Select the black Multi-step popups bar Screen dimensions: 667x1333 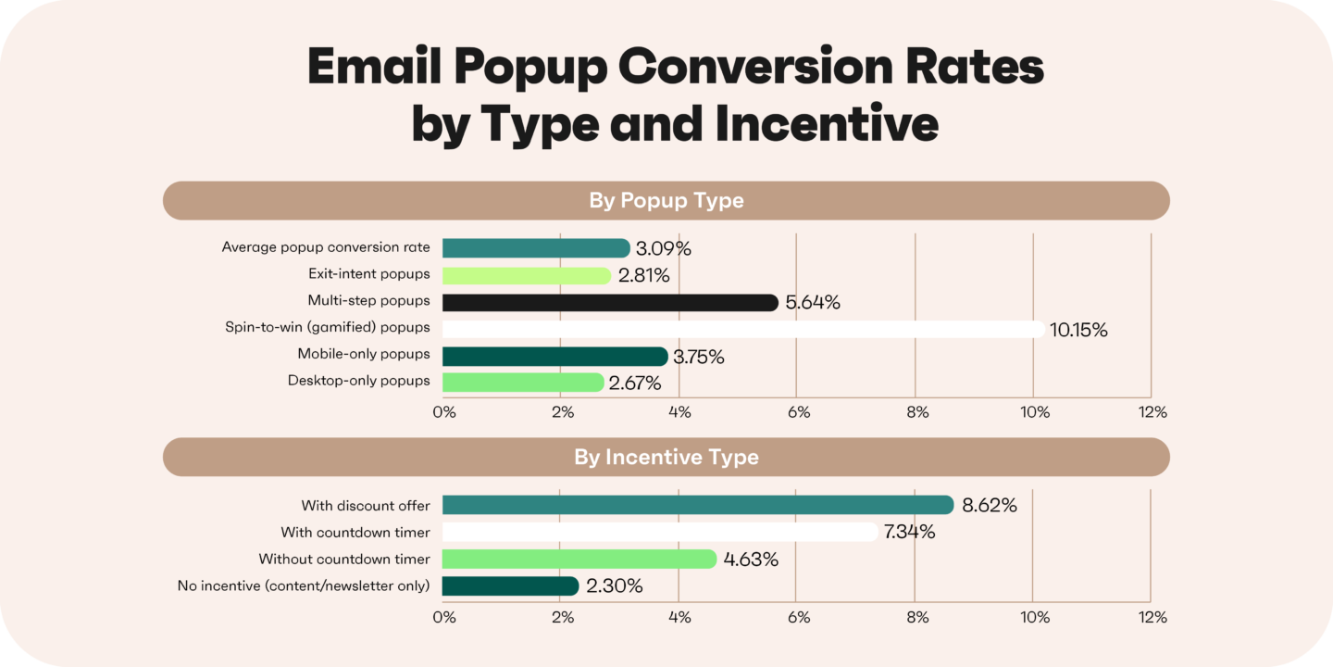tap(610, 302)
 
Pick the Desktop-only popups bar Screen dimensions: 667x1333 tap(523, 383)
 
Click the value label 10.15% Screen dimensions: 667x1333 tap(1078, 330)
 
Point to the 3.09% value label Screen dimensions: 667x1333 tap(664, 248)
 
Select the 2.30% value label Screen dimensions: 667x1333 tap(615, 586)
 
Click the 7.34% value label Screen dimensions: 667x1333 tap(908, 533)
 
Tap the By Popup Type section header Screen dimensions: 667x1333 tap(666, 201)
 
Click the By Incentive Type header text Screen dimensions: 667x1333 tap(666, 458)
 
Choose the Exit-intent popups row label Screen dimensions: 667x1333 tap(369, 274)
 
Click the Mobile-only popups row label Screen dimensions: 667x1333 tap(364, 355)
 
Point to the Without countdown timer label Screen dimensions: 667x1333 tap(344, 560)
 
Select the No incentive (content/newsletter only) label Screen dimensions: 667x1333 tap(304, 586)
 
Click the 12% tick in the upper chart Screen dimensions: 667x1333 tap(1152, 412)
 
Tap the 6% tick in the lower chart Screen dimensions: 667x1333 tap(798, 617)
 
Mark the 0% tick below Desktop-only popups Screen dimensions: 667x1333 tap(444, 412)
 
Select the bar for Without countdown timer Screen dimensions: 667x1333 tap(579, 560)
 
